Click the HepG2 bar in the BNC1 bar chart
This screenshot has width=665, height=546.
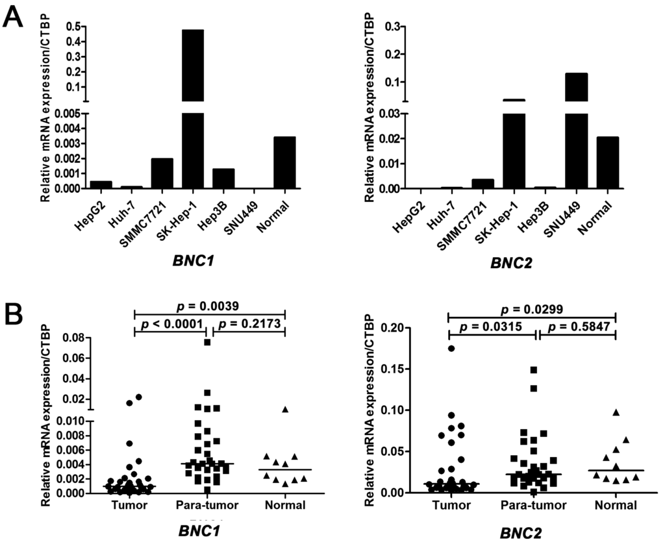pos(101,185)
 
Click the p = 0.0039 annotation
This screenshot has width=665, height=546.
pos(209,304)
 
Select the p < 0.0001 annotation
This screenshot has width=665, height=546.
pos(170,323)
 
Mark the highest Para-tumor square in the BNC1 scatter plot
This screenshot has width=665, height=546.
pos(207,342)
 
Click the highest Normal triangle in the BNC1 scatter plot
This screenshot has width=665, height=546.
pos(284,410)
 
